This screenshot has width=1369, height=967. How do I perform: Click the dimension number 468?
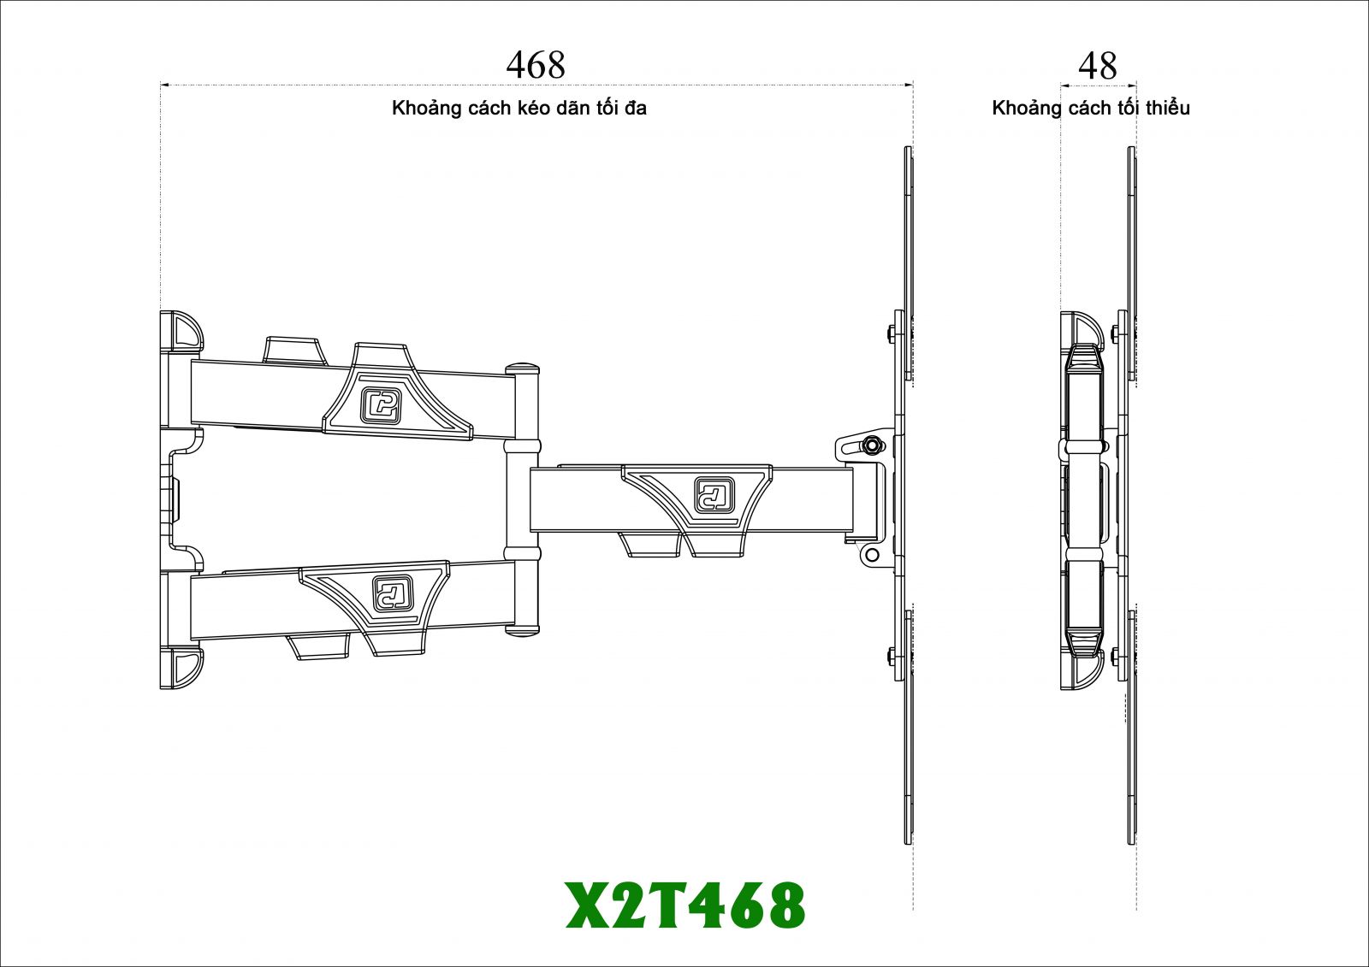tap(536, 65)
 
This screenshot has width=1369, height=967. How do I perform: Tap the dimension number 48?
tap(1098, 65)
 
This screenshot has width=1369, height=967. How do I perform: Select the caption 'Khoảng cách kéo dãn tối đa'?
tap(519, 108)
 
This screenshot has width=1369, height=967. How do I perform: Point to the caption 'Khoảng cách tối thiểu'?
tap(1090, 108)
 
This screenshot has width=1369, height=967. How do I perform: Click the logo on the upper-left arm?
tap(380, 405)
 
